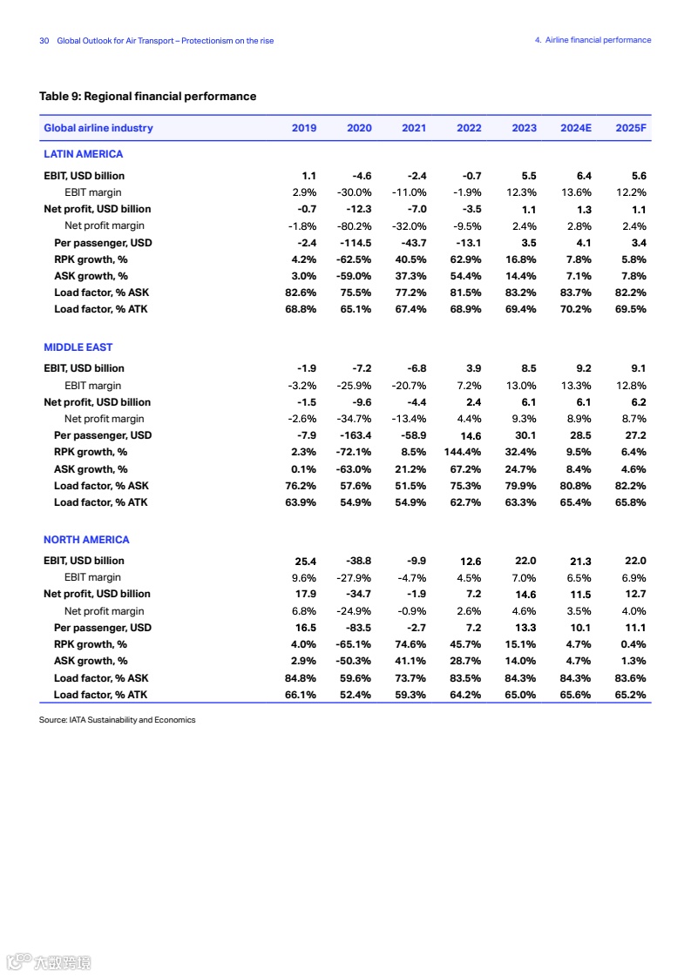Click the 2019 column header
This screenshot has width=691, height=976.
[x=304, y=128]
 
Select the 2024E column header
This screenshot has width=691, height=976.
[x=576, y=128]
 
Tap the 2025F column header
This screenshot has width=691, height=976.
[x=631, y=128]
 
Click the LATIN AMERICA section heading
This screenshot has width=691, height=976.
[x=84, y=154]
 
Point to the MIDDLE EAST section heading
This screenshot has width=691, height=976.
[x=78, y=347]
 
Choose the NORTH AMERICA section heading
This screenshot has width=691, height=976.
[x=86, y=540]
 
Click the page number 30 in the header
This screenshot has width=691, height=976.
[x=44, y=41]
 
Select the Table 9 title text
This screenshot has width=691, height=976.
[x=148, y=97]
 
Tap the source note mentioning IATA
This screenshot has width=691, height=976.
[x=118, y=720]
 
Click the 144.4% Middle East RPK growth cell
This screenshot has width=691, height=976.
[x=463, y=453]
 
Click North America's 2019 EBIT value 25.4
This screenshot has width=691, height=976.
[x=306, y=562]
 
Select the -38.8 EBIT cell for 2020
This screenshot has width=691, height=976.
[x=358, y=562]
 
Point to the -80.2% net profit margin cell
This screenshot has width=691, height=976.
[x=354, y=226]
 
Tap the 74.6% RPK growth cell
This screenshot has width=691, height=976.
[x=410, y=645]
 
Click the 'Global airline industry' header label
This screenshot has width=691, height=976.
[x=98, y=128]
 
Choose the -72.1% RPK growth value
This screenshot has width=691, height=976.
[x=354, y=453]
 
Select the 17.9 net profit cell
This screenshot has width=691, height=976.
[x=306, y=595]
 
